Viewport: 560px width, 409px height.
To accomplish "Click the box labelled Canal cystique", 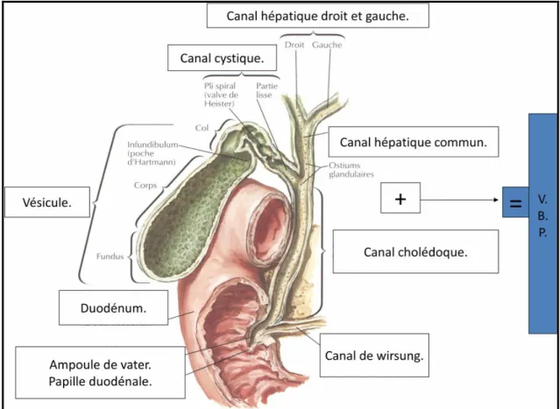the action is (x=222, y=58).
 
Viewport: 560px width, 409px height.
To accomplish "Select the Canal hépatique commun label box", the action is (x=414, y=142).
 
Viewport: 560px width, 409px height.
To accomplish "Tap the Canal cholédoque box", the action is (x=415, y=251).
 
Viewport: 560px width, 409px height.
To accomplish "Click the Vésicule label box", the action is (x=47, y=202).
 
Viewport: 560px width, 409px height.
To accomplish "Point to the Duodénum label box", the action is (x=113, y=307).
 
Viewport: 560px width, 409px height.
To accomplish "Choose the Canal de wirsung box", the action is (x=374, y=356).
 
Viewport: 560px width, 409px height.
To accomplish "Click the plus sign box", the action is (x=401, y=198).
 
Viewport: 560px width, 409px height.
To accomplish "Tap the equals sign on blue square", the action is (x=515, y=202).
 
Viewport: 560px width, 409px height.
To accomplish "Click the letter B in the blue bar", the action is (x=542, y=216).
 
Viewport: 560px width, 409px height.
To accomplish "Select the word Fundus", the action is (x=110, y=257).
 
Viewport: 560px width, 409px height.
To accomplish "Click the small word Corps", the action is (x=145, y=185).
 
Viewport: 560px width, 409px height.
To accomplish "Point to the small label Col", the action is (x=202, y=128).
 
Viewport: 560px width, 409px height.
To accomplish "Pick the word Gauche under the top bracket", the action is (x=327, y=45).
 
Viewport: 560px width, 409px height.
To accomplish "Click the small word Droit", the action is (x=294, y=45).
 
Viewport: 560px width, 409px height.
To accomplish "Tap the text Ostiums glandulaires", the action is (x=351, y=170).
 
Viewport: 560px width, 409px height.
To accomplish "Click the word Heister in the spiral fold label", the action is (x=219, y=104).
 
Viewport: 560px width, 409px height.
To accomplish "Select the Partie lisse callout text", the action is (x=266, y=91).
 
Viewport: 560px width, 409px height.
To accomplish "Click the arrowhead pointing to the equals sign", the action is (x=496, y=200).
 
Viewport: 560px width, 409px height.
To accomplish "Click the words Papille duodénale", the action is (x=101, y=381).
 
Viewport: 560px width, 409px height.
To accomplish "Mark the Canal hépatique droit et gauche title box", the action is (x=318, y=16).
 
